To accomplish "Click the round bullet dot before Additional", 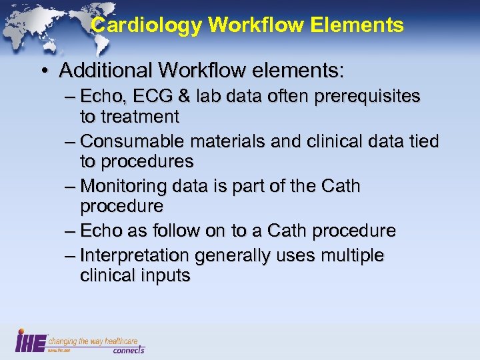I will [x=43, y=70].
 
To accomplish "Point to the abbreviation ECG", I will [x=143, y=97].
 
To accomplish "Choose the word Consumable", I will [x=133, y=142].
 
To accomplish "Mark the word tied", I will [x=423, y=142].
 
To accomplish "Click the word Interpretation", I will [x=134, y=256].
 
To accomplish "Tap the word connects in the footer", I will [x=128, y=349].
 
